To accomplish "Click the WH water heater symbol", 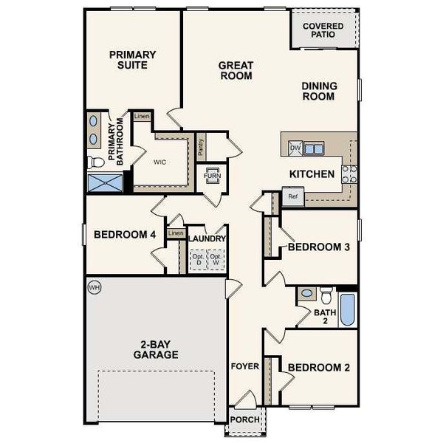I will tap(94, 286).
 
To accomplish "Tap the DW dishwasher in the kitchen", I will tap(295, 148).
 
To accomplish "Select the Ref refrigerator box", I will tap(292, 197).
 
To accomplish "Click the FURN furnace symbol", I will tap(213, 176).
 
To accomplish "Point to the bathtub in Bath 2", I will tap(348, 310).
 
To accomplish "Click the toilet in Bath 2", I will tap(326, 296).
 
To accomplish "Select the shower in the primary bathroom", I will tap(103, 182).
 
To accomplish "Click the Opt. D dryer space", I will tap(197, 259).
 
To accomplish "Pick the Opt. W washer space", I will tap(216, 259).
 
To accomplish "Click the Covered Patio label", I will tap(323, 29).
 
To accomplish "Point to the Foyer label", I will tap(244, 366).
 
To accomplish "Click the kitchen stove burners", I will tap(349, 174).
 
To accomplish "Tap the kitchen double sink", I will tap(314, 148).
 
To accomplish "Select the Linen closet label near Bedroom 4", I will tap(175, 233).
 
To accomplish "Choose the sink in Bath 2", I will tap(306, 294).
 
